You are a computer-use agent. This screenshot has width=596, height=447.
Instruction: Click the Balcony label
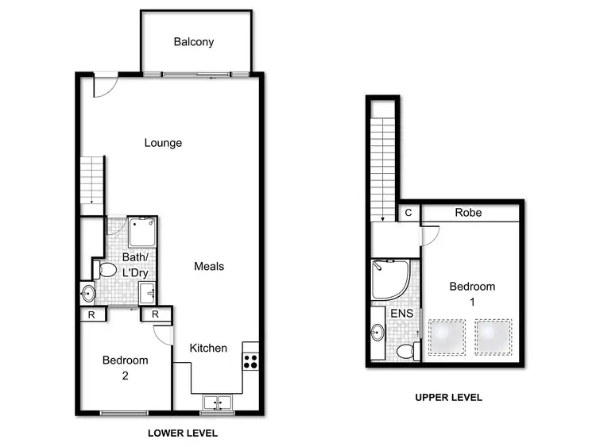(x=194, y=42)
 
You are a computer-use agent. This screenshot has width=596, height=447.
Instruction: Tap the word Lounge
(x=163, y=143)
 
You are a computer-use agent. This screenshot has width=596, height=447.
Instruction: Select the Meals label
(x=209, y=266)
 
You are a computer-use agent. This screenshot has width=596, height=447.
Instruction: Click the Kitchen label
(x=208, y=348)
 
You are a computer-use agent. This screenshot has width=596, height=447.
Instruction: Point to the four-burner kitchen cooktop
(x=250, y=360)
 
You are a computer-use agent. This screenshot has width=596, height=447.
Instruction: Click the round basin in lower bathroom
(x=88, y=294)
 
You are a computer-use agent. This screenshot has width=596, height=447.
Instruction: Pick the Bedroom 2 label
(x=126, y=368)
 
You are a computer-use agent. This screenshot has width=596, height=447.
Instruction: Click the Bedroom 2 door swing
(x=164, y=336)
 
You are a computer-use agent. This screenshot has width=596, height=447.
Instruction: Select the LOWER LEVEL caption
(x=183, y=434)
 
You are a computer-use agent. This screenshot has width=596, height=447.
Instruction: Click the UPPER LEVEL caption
(x=449, y=398)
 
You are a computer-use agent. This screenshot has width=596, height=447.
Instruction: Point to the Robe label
(x=468, y=213)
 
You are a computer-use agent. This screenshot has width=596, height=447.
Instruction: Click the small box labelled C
(x=408, y=213)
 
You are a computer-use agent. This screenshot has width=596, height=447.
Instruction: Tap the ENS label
(x=400, y=314)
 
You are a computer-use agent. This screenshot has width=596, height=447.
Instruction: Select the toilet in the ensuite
(x=406, y=349)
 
